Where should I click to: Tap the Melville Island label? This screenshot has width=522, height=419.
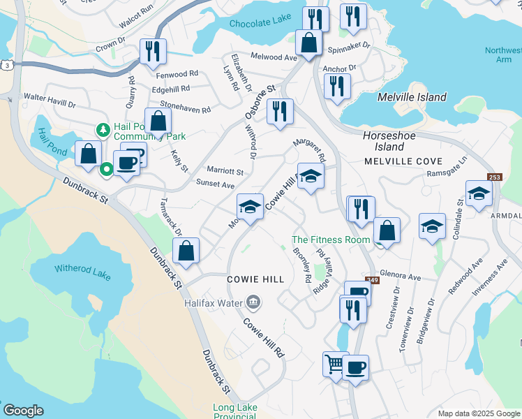(412, 98)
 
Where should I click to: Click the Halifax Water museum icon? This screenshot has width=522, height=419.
(253, 302)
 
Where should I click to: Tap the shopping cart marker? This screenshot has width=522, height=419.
(334, 364)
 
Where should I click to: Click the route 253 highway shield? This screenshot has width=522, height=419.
(495, 177)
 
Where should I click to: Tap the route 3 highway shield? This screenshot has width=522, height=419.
(6, 65)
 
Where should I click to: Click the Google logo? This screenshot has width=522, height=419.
(23, 410)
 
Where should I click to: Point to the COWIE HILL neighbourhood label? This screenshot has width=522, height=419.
(256, 279)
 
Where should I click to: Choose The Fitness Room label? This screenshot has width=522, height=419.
(331, 240)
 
